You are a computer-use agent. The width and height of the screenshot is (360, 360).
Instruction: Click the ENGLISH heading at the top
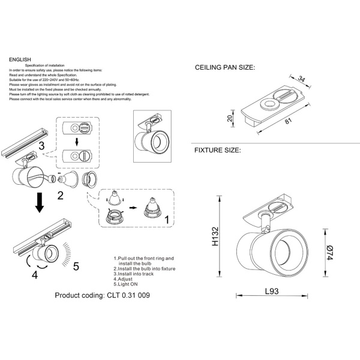click(20, 60)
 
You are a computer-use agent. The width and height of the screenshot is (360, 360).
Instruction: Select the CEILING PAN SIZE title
click(225, 69)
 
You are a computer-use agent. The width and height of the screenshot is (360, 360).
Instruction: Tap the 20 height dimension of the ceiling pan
click(229, 118)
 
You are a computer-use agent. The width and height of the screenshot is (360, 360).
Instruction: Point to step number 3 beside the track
click(41, 146)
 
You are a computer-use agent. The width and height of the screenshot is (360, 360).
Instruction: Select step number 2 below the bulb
click(60, 196)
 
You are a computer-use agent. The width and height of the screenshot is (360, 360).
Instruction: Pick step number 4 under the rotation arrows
click(35, 275)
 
